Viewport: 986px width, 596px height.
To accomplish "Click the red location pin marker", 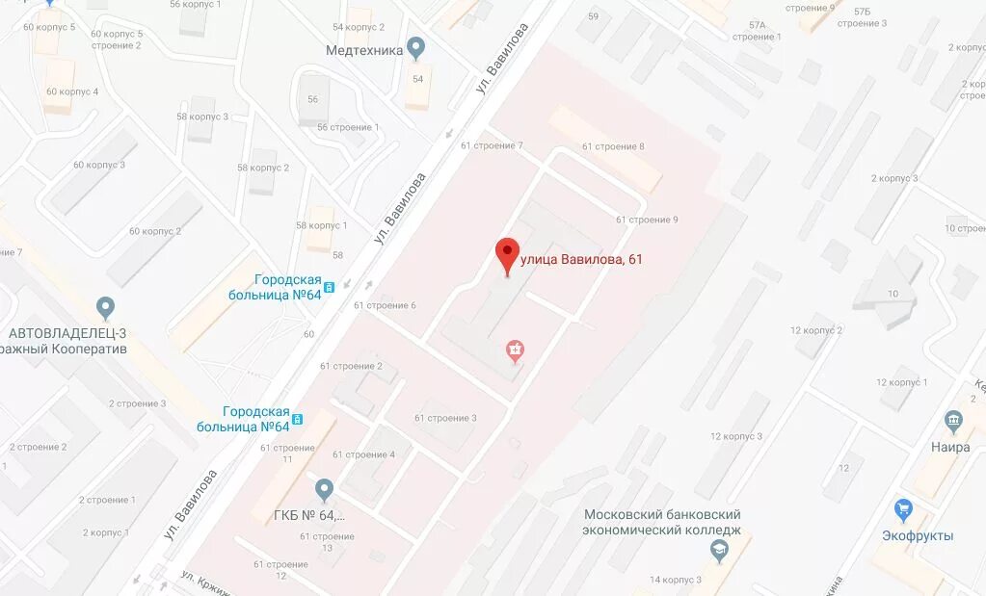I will [507, 254].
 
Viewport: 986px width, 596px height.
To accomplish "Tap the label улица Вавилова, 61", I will [581, 259].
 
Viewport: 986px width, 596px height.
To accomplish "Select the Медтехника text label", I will [363, 51].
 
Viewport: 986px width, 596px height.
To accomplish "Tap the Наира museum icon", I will [954, 421].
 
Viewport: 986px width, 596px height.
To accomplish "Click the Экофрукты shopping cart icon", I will [903, 507].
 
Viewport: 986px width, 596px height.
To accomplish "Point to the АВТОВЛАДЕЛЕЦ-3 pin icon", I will [106, 308].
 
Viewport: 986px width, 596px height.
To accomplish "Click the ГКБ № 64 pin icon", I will [325, 490].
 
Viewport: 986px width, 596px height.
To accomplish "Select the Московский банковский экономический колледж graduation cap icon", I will [718, 551].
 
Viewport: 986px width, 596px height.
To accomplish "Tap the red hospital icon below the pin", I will [517, 350].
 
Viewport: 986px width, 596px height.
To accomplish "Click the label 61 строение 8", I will [613, 146].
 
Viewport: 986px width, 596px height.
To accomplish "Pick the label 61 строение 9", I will [647, 220].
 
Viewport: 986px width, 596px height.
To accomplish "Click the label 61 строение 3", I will [445, 418].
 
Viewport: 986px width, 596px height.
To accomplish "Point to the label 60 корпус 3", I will [99, 165].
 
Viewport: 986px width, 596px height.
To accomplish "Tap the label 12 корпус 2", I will [815, 330].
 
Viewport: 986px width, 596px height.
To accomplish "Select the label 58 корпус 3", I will [202, 117].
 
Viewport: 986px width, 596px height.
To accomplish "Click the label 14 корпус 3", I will [675, 580].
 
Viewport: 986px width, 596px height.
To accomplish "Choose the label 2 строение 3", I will [137, 403].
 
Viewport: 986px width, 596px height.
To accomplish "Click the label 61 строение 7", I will [492, 145].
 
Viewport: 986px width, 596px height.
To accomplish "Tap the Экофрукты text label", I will [918, 535].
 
